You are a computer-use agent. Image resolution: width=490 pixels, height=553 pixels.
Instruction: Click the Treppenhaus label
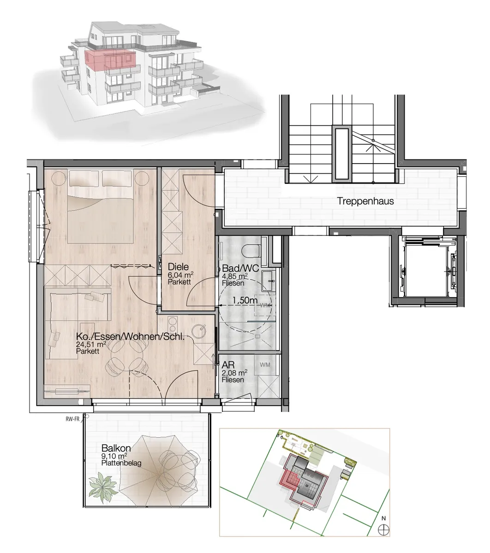click(365, 201)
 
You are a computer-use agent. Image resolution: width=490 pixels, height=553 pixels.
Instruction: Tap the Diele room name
click(178, 267)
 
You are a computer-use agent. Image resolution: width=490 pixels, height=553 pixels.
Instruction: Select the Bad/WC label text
click(240, 268)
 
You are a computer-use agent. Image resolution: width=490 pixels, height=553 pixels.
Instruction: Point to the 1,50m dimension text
click(245, 300)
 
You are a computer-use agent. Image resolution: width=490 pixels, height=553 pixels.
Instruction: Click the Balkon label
click(116, 448)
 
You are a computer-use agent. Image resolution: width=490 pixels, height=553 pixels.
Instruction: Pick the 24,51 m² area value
click(91, 344)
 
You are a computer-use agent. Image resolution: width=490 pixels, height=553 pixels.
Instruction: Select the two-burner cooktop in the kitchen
click(173, 323)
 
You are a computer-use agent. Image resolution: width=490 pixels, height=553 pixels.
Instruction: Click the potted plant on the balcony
click(103, 488)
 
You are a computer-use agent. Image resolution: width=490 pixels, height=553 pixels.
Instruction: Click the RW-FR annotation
click(72, 419)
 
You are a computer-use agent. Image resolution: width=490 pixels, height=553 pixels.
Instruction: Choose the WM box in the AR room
click(265, 365)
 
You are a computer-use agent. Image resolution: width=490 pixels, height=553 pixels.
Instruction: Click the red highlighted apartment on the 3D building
click(110, 59)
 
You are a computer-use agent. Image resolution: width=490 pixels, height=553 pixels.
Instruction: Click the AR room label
click(228, 365)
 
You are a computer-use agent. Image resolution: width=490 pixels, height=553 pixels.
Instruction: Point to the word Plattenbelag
click(121, 463)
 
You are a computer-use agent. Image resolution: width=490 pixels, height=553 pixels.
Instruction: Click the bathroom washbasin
click(268, 280)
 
